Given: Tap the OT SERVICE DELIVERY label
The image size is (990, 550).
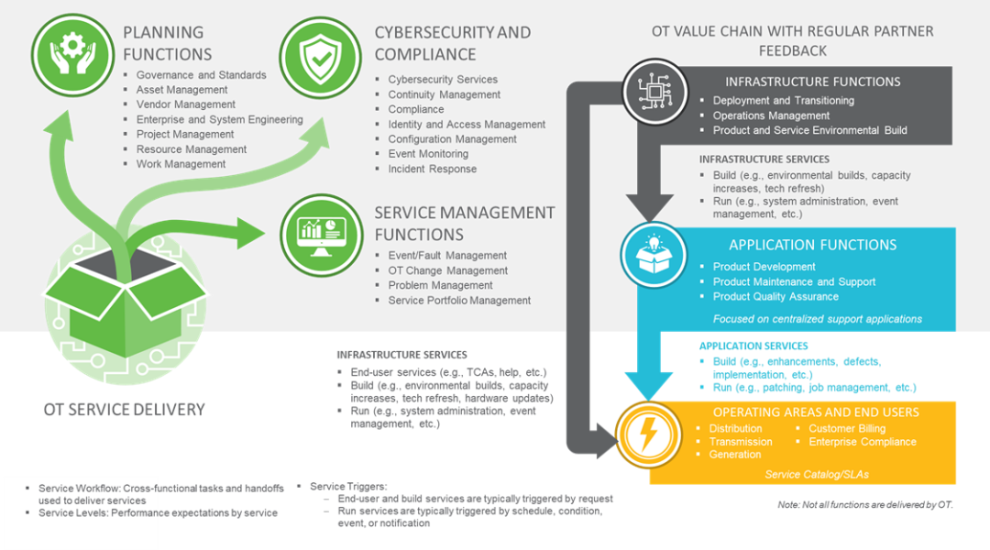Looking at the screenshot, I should point(124,409).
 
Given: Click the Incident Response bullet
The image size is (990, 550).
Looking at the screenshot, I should point(432,169).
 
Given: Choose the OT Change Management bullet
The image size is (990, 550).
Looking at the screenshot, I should point(447,270).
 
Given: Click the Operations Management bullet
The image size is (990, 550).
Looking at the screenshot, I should point(771,115).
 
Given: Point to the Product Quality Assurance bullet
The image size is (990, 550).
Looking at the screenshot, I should point(775,296).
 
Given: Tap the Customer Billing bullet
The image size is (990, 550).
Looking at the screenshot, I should point(846,428).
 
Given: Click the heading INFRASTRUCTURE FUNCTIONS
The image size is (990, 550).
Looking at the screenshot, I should point(812,82).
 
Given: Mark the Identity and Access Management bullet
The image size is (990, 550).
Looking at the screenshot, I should point(466,124).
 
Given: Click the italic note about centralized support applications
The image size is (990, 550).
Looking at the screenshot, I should point(817,319).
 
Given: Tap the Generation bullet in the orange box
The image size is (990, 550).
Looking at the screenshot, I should point(734,454).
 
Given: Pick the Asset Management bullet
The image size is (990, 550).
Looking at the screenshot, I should point(181,90).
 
